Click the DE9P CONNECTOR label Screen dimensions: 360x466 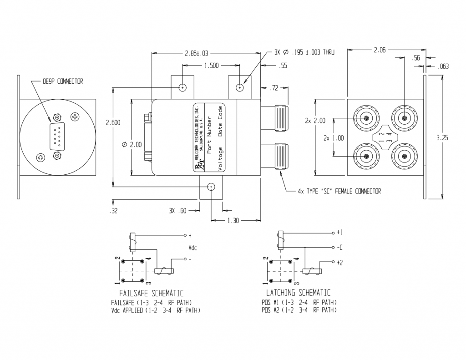click(x=63, y=81)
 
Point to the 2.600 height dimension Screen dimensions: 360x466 click(x=113, y=122)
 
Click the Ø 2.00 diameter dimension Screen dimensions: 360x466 click(x=132, y=144)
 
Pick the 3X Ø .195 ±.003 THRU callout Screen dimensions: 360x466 click(x=304, y=53)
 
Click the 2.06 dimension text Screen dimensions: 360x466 click(x=380, y=51)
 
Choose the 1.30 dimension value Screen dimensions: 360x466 click(x=233, y=220)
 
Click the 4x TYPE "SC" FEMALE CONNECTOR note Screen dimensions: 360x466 click(x=339, y=191)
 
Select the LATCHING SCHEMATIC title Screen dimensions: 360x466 click(x=298, y=293)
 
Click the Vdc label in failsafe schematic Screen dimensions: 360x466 click(x=193, y=248)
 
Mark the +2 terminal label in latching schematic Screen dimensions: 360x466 click(x=339, y=262)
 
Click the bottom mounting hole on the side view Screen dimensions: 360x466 click(x=211, y=187)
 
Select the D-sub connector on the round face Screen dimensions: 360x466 click(x=56, y=136)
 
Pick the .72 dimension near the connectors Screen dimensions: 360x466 click(x=274, y=88)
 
